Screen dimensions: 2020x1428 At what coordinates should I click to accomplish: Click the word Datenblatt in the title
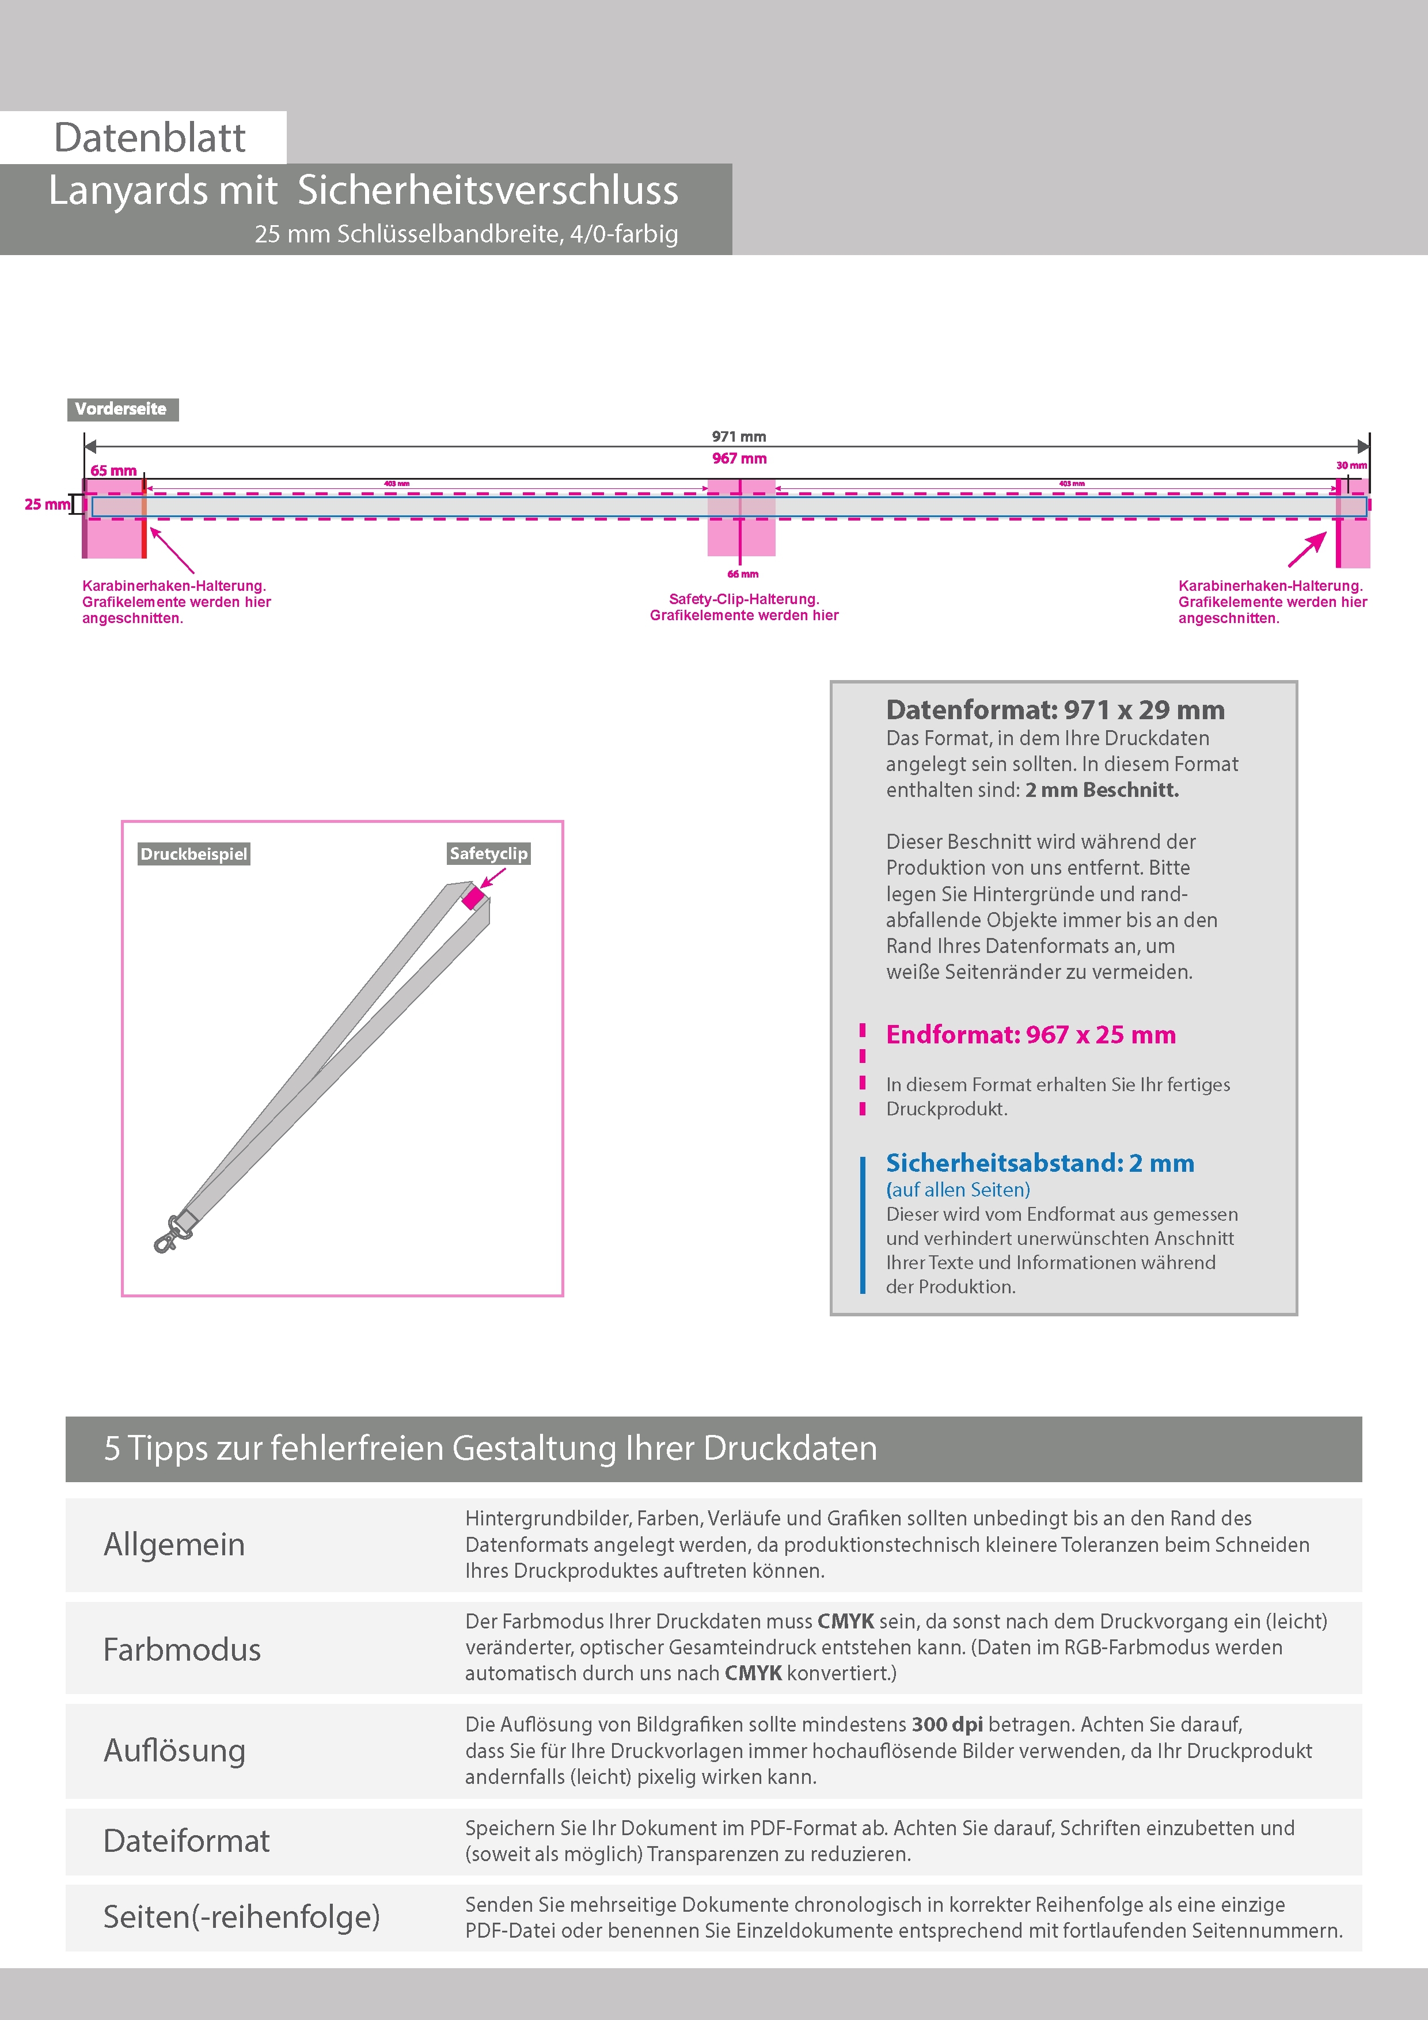[x=150, y=138]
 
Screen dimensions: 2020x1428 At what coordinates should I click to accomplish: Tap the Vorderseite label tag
[x=121, y=409]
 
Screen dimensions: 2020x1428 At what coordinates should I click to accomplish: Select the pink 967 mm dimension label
[x=739, y=458]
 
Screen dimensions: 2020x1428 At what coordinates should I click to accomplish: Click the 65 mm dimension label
[x=113, y=470]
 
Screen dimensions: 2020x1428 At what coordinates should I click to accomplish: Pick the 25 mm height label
[x=47, y=504]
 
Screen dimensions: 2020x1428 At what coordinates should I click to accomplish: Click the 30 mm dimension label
[x=1351, y=465]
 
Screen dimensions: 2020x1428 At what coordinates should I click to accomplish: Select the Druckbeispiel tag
[x=193, y=855]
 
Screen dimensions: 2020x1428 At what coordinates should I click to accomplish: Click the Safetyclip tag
[x=488, y=853]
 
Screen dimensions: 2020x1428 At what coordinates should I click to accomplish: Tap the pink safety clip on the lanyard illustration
[x=473, y=898]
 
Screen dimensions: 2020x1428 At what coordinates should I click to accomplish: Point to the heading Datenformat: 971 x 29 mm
[x=1055, y=710]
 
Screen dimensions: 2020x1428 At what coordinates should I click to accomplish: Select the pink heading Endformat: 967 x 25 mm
[x=1030, y=1035]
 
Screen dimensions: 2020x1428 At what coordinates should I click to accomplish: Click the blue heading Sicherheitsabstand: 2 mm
[x=1040, y=1163]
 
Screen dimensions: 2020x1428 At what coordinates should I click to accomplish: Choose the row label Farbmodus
[x=182, y=1650]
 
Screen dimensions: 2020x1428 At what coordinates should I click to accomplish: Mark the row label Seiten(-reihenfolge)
[x=242, y=1917]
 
